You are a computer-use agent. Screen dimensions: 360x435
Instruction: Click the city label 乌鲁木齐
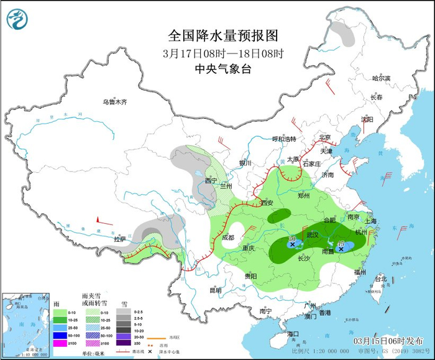coord(114,101)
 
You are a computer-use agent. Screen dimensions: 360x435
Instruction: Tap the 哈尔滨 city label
coord(380,78)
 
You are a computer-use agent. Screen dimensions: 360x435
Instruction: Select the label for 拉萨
coord(119,239)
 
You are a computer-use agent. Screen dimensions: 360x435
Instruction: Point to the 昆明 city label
coord(215,290)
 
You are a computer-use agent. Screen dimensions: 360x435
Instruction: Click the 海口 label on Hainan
coord(293,334)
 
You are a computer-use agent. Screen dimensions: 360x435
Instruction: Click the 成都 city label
coord(227,237)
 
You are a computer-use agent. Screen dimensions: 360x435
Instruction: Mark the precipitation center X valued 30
coord(292,244)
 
